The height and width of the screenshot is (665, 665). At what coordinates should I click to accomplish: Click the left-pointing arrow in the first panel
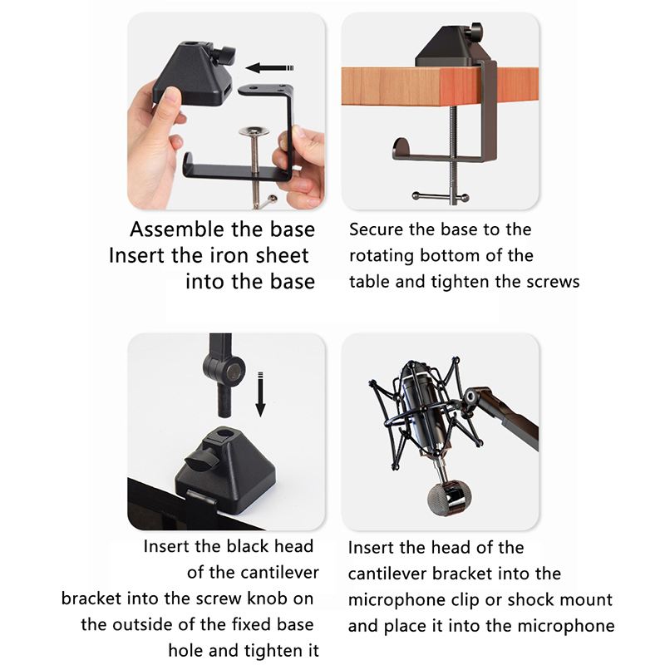[269, 68]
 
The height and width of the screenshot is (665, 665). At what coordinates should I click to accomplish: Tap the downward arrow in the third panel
[260, 394]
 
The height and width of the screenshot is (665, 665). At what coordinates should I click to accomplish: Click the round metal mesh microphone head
[449, 498]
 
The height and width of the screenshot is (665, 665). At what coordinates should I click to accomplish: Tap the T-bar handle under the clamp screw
[441, 197]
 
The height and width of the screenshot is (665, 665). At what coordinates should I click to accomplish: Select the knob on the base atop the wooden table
[476, 31]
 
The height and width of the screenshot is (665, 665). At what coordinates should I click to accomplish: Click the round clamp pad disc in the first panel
[254, 131]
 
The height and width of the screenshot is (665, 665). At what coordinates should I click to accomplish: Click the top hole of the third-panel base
[225, 435]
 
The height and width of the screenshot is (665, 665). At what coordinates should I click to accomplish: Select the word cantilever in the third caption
[253, 573]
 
